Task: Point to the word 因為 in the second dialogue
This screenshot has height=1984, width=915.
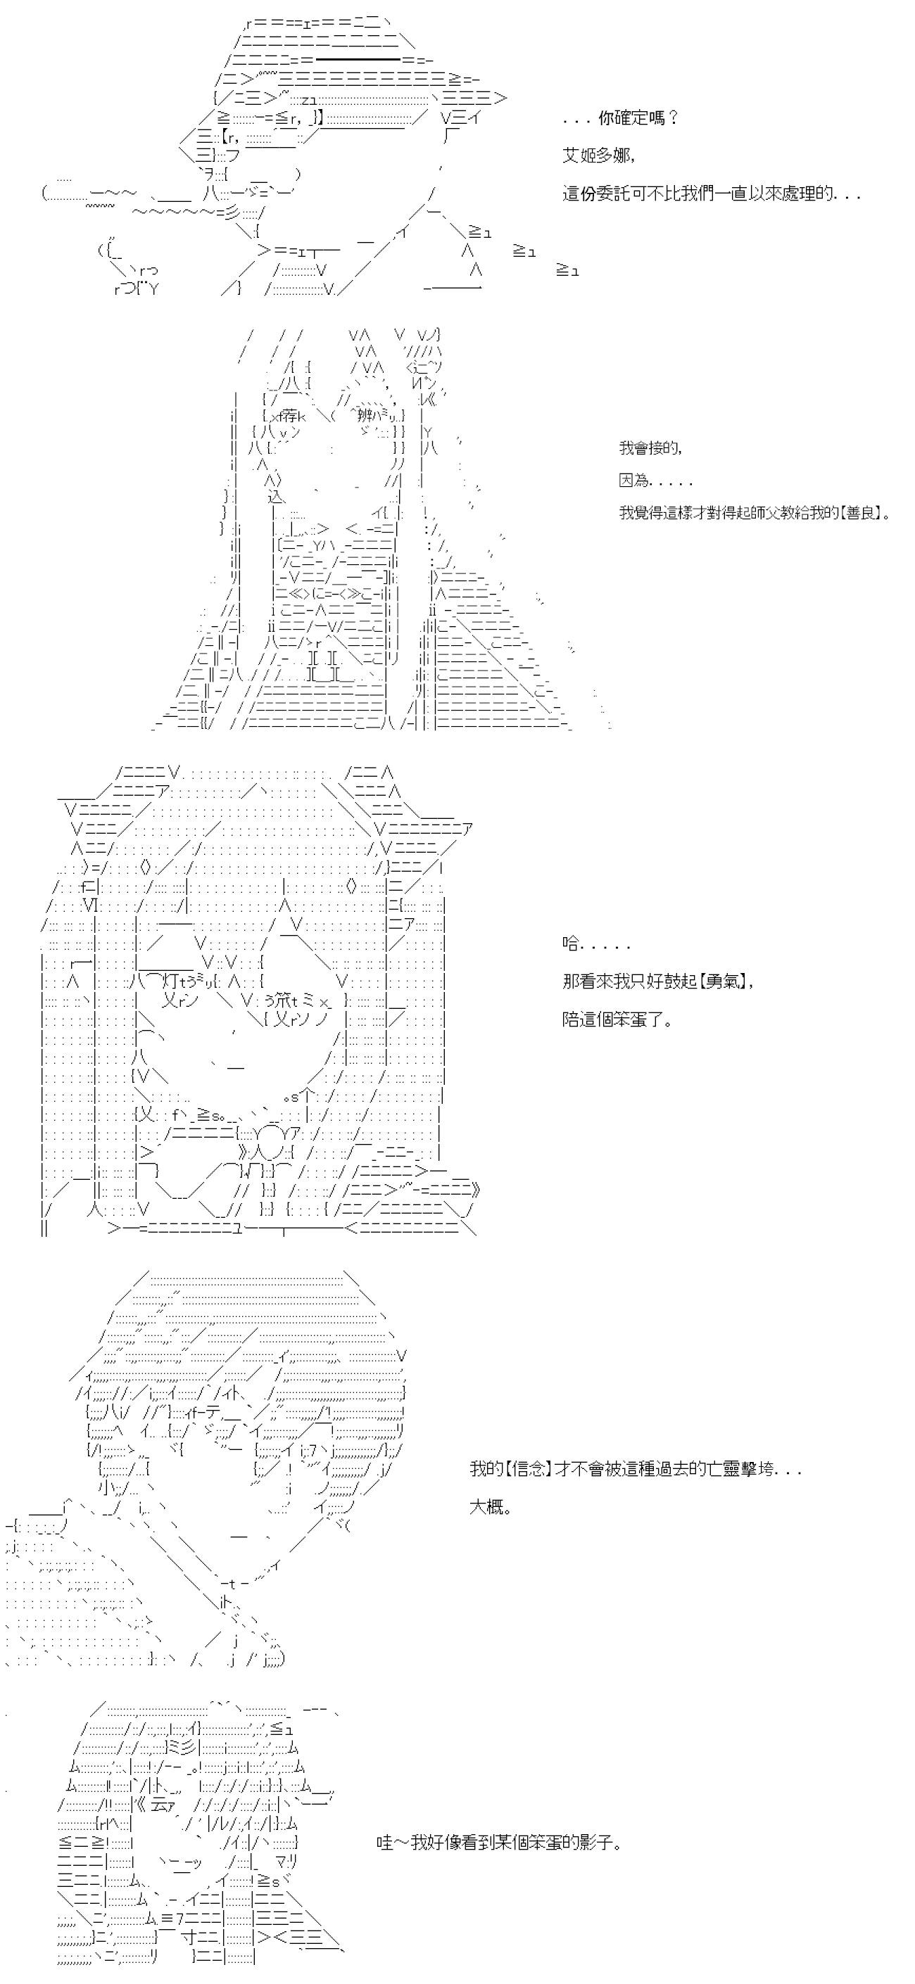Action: tap(634, 481)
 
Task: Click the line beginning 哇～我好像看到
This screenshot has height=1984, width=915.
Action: tap(499, 1843)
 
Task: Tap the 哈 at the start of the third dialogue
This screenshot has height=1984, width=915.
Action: tap(571, 945)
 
